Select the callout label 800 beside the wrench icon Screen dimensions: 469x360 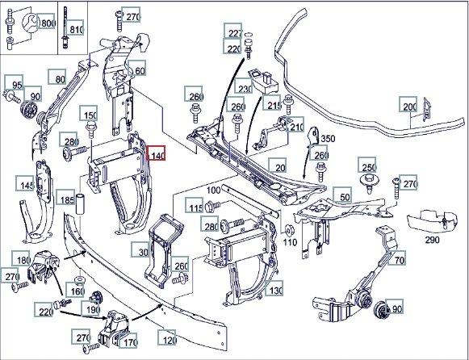pos(46,21)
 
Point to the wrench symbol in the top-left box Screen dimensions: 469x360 pos(30,23)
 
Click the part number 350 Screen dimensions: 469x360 pos(328,139)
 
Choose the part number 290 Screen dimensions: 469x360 pos(432,240)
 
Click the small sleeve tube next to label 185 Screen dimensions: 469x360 pos(81,204)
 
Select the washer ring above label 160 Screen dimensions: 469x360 pos(80,280)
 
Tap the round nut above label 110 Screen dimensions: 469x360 pos(289,229)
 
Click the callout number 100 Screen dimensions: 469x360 pos(214,190)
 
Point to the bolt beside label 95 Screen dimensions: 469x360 pos(11,96)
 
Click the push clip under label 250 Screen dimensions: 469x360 pos(369,183)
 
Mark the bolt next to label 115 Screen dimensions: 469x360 pos(213,205)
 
